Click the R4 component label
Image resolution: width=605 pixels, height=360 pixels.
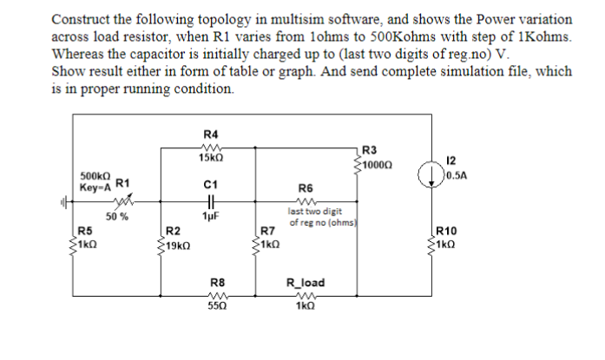pos(210,134)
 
